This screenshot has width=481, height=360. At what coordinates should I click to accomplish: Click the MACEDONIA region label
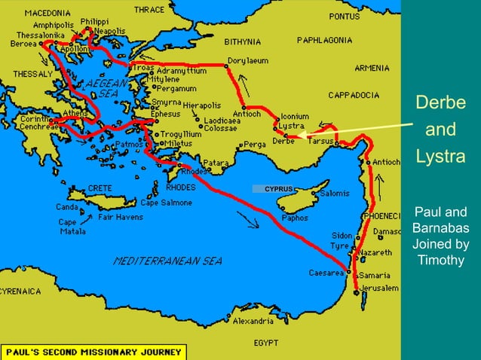coord(47,14)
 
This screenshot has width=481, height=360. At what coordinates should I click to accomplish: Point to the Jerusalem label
coord(378,288)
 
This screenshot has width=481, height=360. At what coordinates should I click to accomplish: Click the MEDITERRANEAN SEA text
coord(167,261)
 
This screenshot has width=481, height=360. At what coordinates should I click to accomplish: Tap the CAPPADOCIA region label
coord(353,96)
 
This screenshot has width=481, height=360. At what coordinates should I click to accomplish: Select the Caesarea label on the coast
coord(326,273)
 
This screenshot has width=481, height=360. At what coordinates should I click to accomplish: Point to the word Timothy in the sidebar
coord(440,261)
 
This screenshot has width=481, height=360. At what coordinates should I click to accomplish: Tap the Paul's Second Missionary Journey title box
coord(94,352)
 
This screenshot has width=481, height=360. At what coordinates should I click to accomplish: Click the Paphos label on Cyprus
coord(294,218)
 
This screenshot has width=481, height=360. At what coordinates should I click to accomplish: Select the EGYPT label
coord(266,342)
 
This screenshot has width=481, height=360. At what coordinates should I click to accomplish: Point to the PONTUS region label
coord(345,15)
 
